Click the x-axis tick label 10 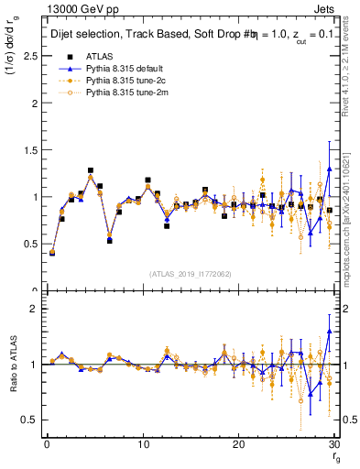pos(142,444)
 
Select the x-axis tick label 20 pos(238,444)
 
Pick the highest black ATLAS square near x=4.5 pos(91,170)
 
